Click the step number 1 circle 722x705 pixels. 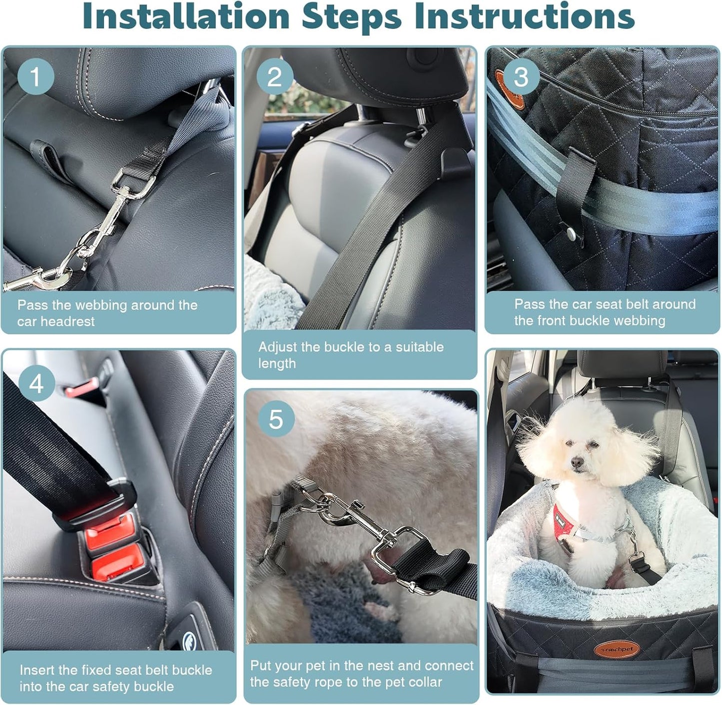pos(35,77)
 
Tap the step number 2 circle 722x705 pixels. pos(274,77)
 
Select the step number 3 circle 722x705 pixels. pos(521,77)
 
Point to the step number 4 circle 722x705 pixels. pos(36,383)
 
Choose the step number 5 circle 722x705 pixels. pos(276,419)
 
